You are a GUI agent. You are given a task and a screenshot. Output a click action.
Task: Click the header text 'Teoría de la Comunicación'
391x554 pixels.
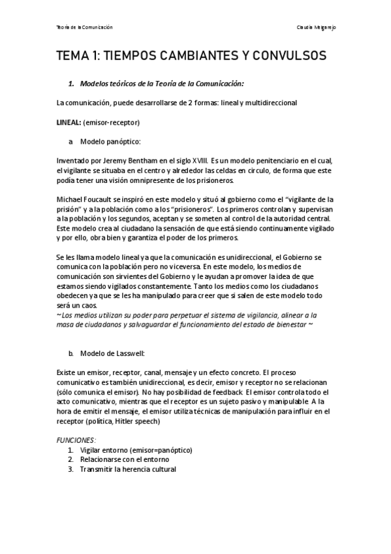[x=85, y=27]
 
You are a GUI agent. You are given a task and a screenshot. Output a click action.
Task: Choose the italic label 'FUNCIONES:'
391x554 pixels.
[x=76, y=440]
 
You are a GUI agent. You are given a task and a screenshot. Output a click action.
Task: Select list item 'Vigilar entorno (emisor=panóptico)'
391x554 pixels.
[x=136, y=450]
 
